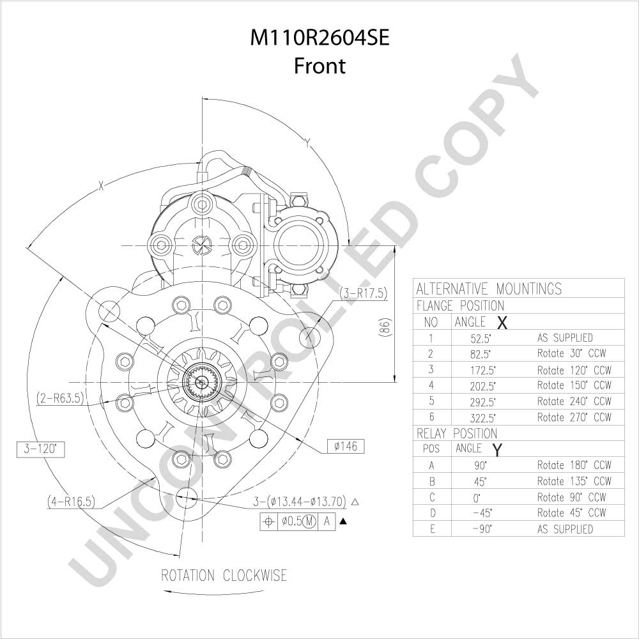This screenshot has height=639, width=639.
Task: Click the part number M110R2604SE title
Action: point(319,38)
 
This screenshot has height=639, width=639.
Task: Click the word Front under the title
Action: point(319,66)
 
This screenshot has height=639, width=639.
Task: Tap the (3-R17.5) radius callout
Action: point(363,293)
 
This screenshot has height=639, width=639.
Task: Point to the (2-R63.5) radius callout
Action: point(60,398)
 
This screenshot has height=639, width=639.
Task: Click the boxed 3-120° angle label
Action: point(41,449)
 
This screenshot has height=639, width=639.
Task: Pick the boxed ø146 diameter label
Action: point(346,447)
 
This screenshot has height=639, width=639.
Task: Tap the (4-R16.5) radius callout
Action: point(71,501)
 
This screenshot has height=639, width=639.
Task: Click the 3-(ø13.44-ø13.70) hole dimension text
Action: point(300,501)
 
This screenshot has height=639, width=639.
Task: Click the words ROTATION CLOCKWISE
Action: point(224,576)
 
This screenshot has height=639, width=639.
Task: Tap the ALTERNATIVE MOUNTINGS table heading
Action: point(489,289)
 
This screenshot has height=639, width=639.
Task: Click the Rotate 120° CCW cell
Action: point(574,371)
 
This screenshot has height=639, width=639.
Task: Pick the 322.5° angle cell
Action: point(482,418)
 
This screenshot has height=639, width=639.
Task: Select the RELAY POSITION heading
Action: point(457,433)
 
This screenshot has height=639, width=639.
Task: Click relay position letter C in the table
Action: point(433,497)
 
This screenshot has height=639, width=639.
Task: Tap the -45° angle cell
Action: point(482,512)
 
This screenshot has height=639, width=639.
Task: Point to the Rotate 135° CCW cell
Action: point(574,481)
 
